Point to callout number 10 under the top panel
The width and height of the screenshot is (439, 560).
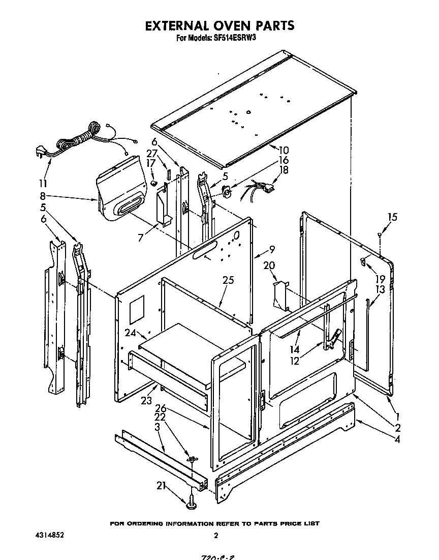(x=283, y=150)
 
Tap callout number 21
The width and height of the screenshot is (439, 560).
(x=162, y=485)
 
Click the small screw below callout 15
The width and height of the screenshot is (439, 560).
(x=380, y=234)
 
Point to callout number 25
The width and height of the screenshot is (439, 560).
(x=228, y=280)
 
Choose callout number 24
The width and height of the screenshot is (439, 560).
(x=131, y=333)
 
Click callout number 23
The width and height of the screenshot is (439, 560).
(x=147, y=400)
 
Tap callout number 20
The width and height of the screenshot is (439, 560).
(x=269, y=266)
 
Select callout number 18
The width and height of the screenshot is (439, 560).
(x=284, y=170)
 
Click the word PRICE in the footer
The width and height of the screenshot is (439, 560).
(x=286, y=523)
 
